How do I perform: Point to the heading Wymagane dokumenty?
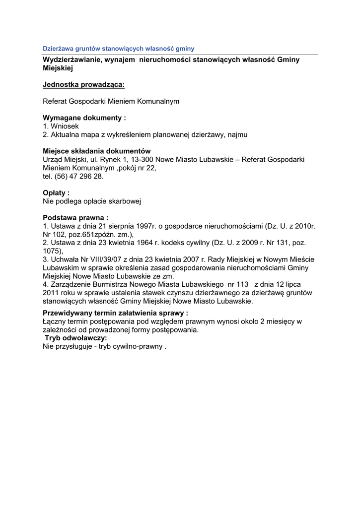84,118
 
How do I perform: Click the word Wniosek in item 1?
61,127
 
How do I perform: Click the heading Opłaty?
56,193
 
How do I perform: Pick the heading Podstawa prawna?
75,218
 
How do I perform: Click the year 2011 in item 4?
51,293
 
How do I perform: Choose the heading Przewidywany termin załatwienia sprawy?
115,313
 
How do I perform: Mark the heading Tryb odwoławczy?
76,338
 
